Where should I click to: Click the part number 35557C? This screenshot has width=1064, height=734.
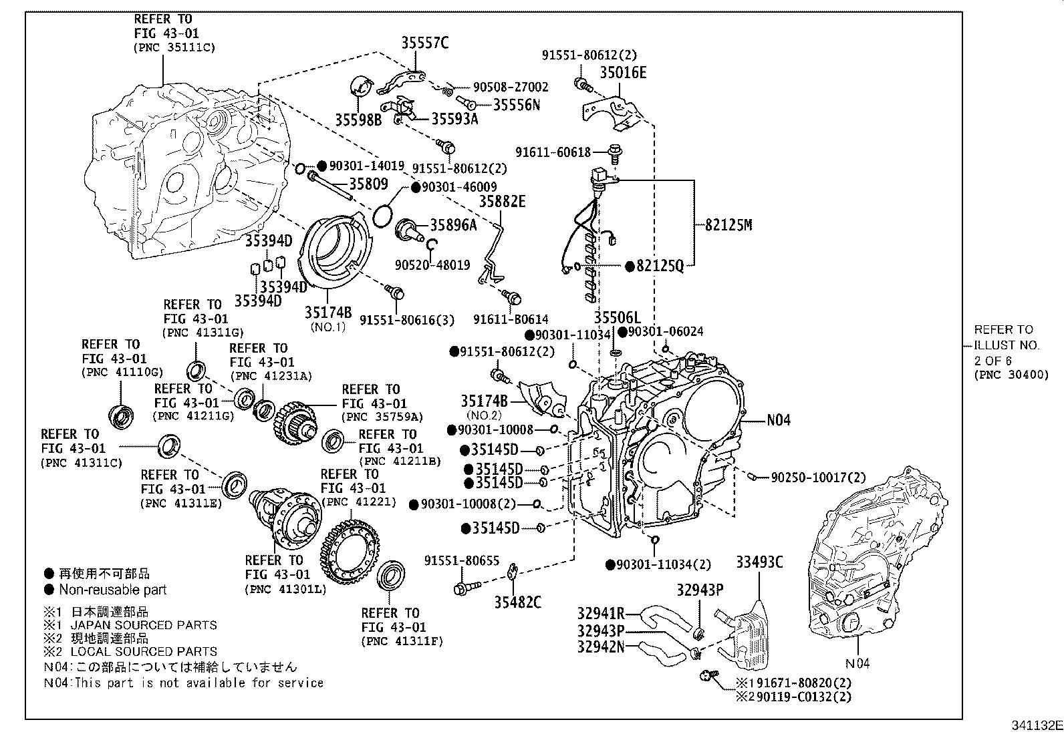point(424,43)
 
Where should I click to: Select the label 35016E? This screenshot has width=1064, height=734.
point(622,73)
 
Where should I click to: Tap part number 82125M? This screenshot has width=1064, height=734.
point(728,225)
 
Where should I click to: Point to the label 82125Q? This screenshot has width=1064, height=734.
point(660,266)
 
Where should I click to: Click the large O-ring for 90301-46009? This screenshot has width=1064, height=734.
point(382,216)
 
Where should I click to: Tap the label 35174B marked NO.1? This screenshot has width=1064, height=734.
point(328,312)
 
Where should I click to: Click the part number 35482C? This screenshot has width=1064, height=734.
point(517,602)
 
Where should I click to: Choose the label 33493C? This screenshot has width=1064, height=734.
point(759,562)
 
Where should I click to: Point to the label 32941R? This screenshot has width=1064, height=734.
point(600,613)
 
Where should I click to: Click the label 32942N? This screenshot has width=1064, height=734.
point(600,647)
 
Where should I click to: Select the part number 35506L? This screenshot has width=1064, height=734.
point(617,318)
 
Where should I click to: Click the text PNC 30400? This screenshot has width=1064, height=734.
point(1011,375)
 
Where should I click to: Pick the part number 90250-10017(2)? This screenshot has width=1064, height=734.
point(818,478)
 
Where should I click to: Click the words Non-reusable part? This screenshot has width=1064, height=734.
point(112,590)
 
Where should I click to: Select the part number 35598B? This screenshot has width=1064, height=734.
point(358,120)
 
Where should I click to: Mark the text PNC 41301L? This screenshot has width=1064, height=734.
point(285,589)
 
